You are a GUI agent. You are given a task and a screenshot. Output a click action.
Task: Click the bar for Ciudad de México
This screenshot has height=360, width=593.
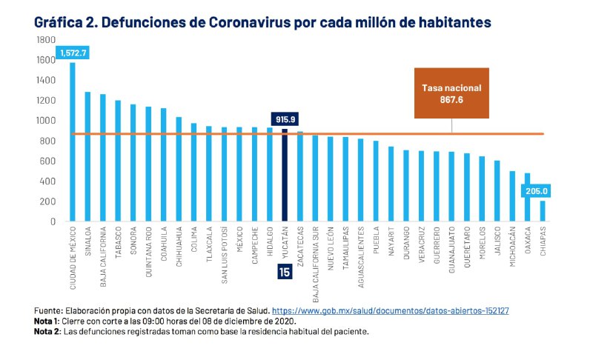72,141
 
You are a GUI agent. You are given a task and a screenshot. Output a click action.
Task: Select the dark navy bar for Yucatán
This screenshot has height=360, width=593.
284,175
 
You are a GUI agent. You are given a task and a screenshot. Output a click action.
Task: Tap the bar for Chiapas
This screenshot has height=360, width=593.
542,211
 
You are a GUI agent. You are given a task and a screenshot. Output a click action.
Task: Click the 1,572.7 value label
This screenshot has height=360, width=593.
72,53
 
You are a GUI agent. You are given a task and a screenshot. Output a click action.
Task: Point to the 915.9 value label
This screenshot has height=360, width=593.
284,119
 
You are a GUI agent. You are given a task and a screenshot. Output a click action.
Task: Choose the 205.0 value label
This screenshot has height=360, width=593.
533,190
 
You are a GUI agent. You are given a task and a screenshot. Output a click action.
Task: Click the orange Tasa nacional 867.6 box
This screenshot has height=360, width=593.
451,93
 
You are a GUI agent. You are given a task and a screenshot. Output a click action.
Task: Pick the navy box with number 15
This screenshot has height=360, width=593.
284,272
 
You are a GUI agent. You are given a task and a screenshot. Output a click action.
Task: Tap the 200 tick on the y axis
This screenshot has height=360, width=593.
47,201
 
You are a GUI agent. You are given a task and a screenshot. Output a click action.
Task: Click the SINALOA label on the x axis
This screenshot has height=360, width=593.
87,241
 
